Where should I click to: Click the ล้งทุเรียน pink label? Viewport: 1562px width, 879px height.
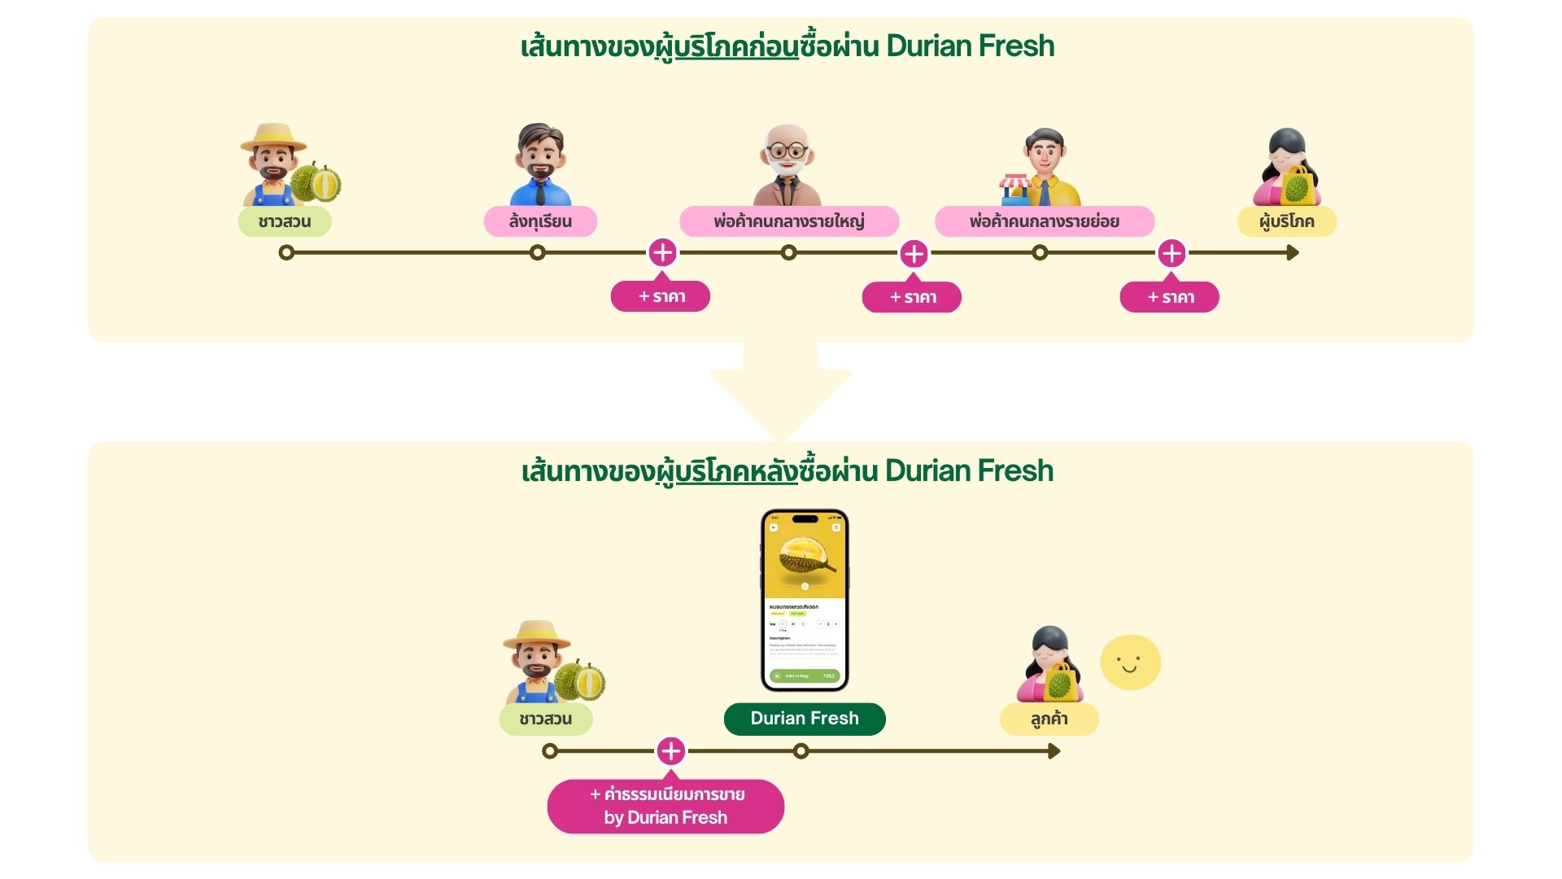pyautogui.click(x=540, y=221)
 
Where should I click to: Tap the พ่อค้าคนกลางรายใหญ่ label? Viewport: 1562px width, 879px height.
pyautogui.click(x=788, y=221)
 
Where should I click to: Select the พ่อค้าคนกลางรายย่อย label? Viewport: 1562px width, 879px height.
pyautogui.click(x=1044, y=221)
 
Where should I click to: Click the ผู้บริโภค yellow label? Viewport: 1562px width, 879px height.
pyautogui.click(x=1286, y=221)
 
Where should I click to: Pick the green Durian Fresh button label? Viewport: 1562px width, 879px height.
pyautogui.click(x=804, y=719)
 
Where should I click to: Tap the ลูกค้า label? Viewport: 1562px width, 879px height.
pyautogui.click(x=1049, y=719)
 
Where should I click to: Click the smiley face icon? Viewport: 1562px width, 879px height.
pyautogui.click(x=1130, y=663)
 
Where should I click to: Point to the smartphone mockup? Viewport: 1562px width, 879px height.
pyautogui.click(x=805, y=600)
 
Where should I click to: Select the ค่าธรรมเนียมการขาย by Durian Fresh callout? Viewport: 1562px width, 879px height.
pyautogui.click(x=665, y=806)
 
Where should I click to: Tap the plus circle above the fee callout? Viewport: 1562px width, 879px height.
pyautogui.click(x=670, y=750)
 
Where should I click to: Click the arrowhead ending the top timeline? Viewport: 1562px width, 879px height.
pyautogui.click(x=1293, y=253)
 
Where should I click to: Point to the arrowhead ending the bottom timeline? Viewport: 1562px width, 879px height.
pyautogui.click(x=1054, y=751)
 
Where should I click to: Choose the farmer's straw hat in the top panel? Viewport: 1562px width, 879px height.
pyautogui.click(x=273, y=138)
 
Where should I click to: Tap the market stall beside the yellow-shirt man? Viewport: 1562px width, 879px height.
pyautogui.click(x=1015, y=190)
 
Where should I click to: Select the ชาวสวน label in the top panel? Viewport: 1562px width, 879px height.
pyautogui.click(x=284, y=221)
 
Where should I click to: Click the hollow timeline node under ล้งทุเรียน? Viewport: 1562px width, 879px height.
pyautogui.click(x=537, y=253)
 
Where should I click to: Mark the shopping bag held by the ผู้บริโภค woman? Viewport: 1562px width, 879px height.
pyautogui.click(x=1298, y=186)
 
